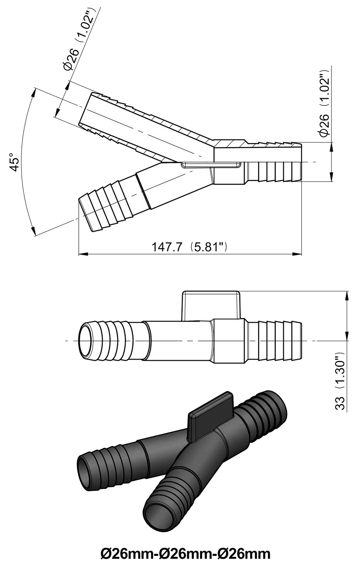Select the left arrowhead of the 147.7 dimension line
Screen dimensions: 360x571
tap(83, 254)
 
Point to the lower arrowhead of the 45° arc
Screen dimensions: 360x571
tap(33, 231)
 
